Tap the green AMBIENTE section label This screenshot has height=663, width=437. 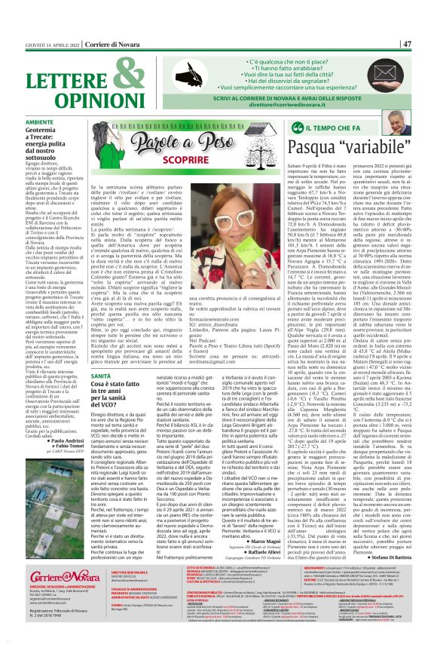pyautogui.click(x=39, y=121)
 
